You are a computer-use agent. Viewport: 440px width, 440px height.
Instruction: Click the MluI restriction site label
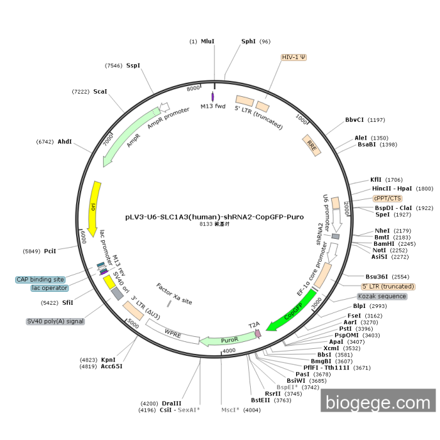pyautogui.click(x=207, y=41)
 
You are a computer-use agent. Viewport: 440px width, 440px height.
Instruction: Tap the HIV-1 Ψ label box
pyautogui.click(x=294, y=57)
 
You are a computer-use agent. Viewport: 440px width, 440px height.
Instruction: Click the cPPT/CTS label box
pyautogui.click(x=387, y=198)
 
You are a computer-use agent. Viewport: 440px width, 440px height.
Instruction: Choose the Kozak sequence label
pyautogui.click(x=382, y=296)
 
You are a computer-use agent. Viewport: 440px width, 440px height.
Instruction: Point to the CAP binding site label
pyautogui.click(x=40, y=279)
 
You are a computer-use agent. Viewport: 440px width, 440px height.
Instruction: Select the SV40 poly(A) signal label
pyautogui.click(x=55, y=321)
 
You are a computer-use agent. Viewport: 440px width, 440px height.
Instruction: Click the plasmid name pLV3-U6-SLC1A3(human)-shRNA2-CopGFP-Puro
pyautogui.click(x=214, y=217)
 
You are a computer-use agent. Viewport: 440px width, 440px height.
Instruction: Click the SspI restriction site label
pyautogui.click(x=133, y=65)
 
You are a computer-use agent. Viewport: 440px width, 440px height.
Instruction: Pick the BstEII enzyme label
pyautogui.click(x=263, y=400)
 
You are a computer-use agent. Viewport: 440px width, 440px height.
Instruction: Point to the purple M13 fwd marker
pyautogui.click(x=213, y=96)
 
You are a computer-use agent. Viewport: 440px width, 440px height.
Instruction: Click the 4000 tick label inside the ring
pyautogui.click(x=229, y=350)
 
